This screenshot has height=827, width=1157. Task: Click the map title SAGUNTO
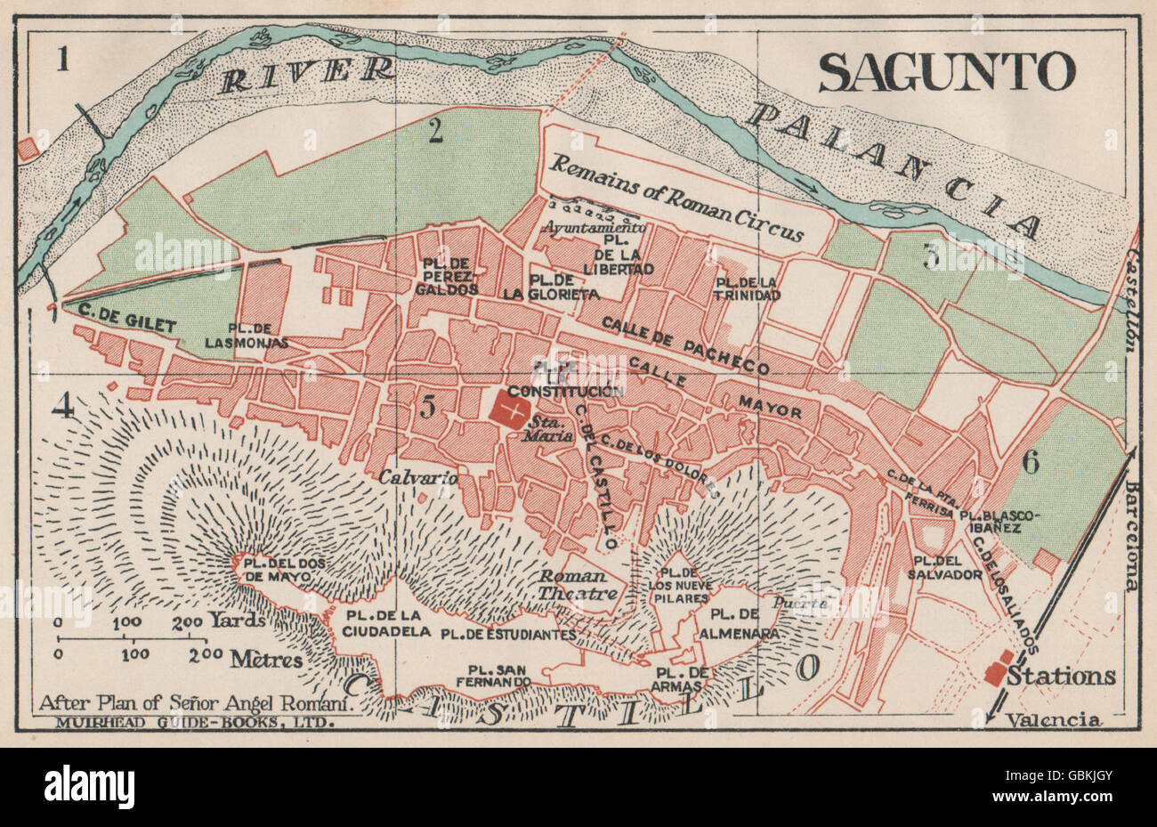click(946, 72)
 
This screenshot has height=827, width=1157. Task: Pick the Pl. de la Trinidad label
click(746, 288)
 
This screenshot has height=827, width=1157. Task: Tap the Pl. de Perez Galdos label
click(446, 276)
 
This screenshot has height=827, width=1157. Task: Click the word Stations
click(1061, 677)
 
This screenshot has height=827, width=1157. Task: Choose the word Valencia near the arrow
click(1053, 720)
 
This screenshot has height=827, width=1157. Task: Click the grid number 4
click(63, 406)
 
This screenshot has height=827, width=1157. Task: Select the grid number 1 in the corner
click(61, 61)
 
